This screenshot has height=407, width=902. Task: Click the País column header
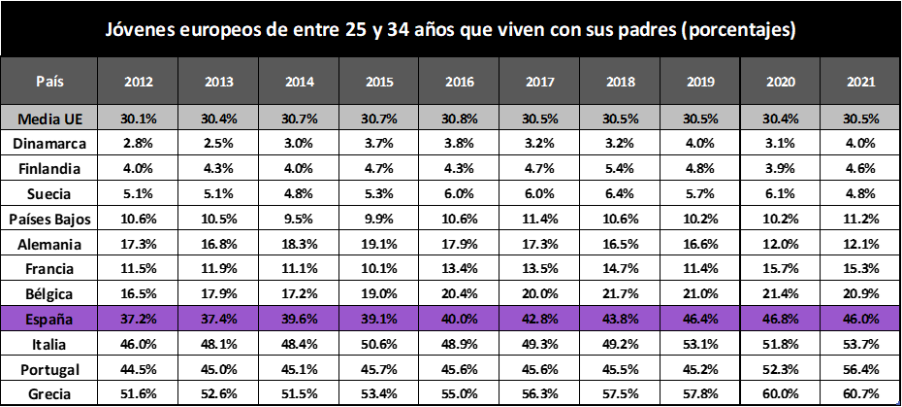pos(49,81)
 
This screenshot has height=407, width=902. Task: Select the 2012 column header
pos(138,82)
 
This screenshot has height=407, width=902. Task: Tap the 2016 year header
pos(460,82)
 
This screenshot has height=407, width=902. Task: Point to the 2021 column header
pos(860,82)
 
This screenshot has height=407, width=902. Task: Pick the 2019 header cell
pos(699,82)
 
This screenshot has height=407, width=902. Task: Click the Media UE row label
pos(49,119)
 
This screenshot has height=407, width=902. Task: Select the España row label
pos(49,319)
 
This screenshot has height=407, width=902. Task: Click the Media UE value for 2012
pos(138,119)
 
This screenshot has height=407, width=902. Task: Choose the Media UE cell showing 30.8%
pos(460,119)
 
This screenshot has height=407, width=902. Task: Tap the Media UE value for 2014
pos(299,119)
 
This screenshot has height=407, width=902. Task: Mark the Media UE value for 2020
pos(780,119)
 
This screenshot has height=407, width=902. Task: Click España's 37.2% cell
pos(138,319)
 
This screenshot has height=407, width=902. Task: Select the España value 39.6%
pos(299,319)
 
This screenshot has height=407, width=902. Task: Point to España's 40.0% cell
pos(460,319)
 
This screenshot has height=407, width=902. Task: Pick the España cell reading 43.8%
pos(621,319)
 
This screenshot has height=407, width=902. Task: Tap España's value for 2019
pos(699,319)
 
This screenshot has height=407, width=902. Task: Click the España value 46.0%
pos(860,319)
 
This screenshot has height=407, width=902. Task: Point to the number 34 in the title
pos(401,30)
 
